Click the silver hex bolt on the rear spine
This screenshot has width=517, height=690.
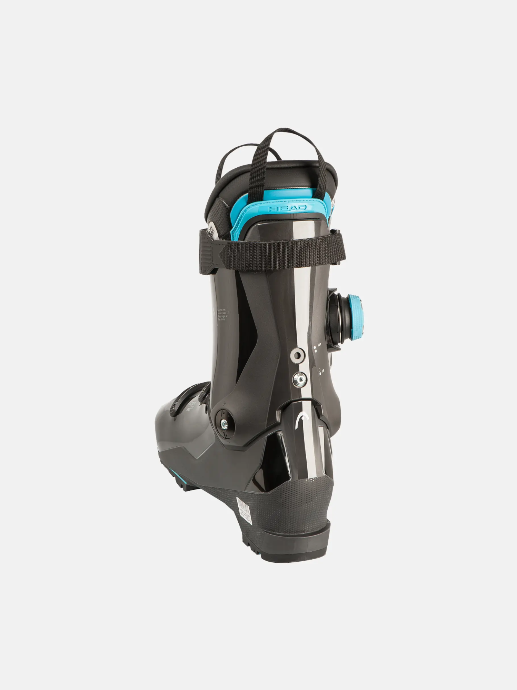click(x=299, y=379)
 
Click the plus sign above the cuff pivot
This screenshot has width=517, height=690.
click(x=224, y=403)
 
